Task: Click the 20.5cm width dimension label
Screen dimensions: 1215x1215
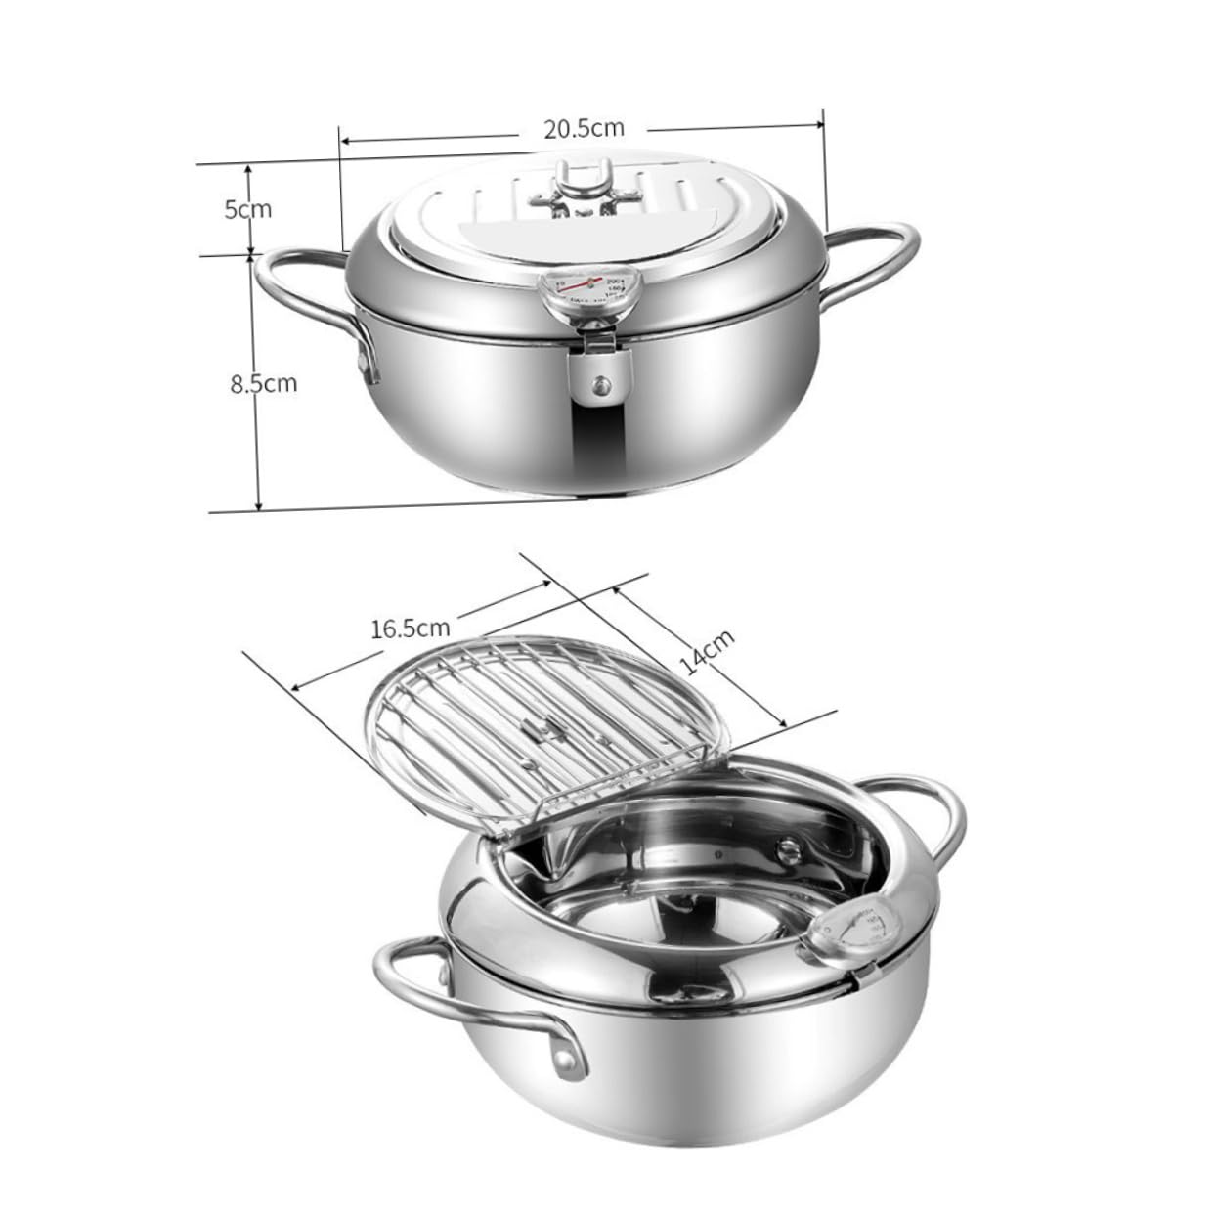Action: coord(585,128)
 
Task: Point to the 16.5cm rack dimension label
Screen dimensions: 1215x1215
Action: coord(411,627)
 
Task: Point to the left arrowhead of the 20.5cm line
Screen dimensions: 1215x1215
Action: coord(345,141)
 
